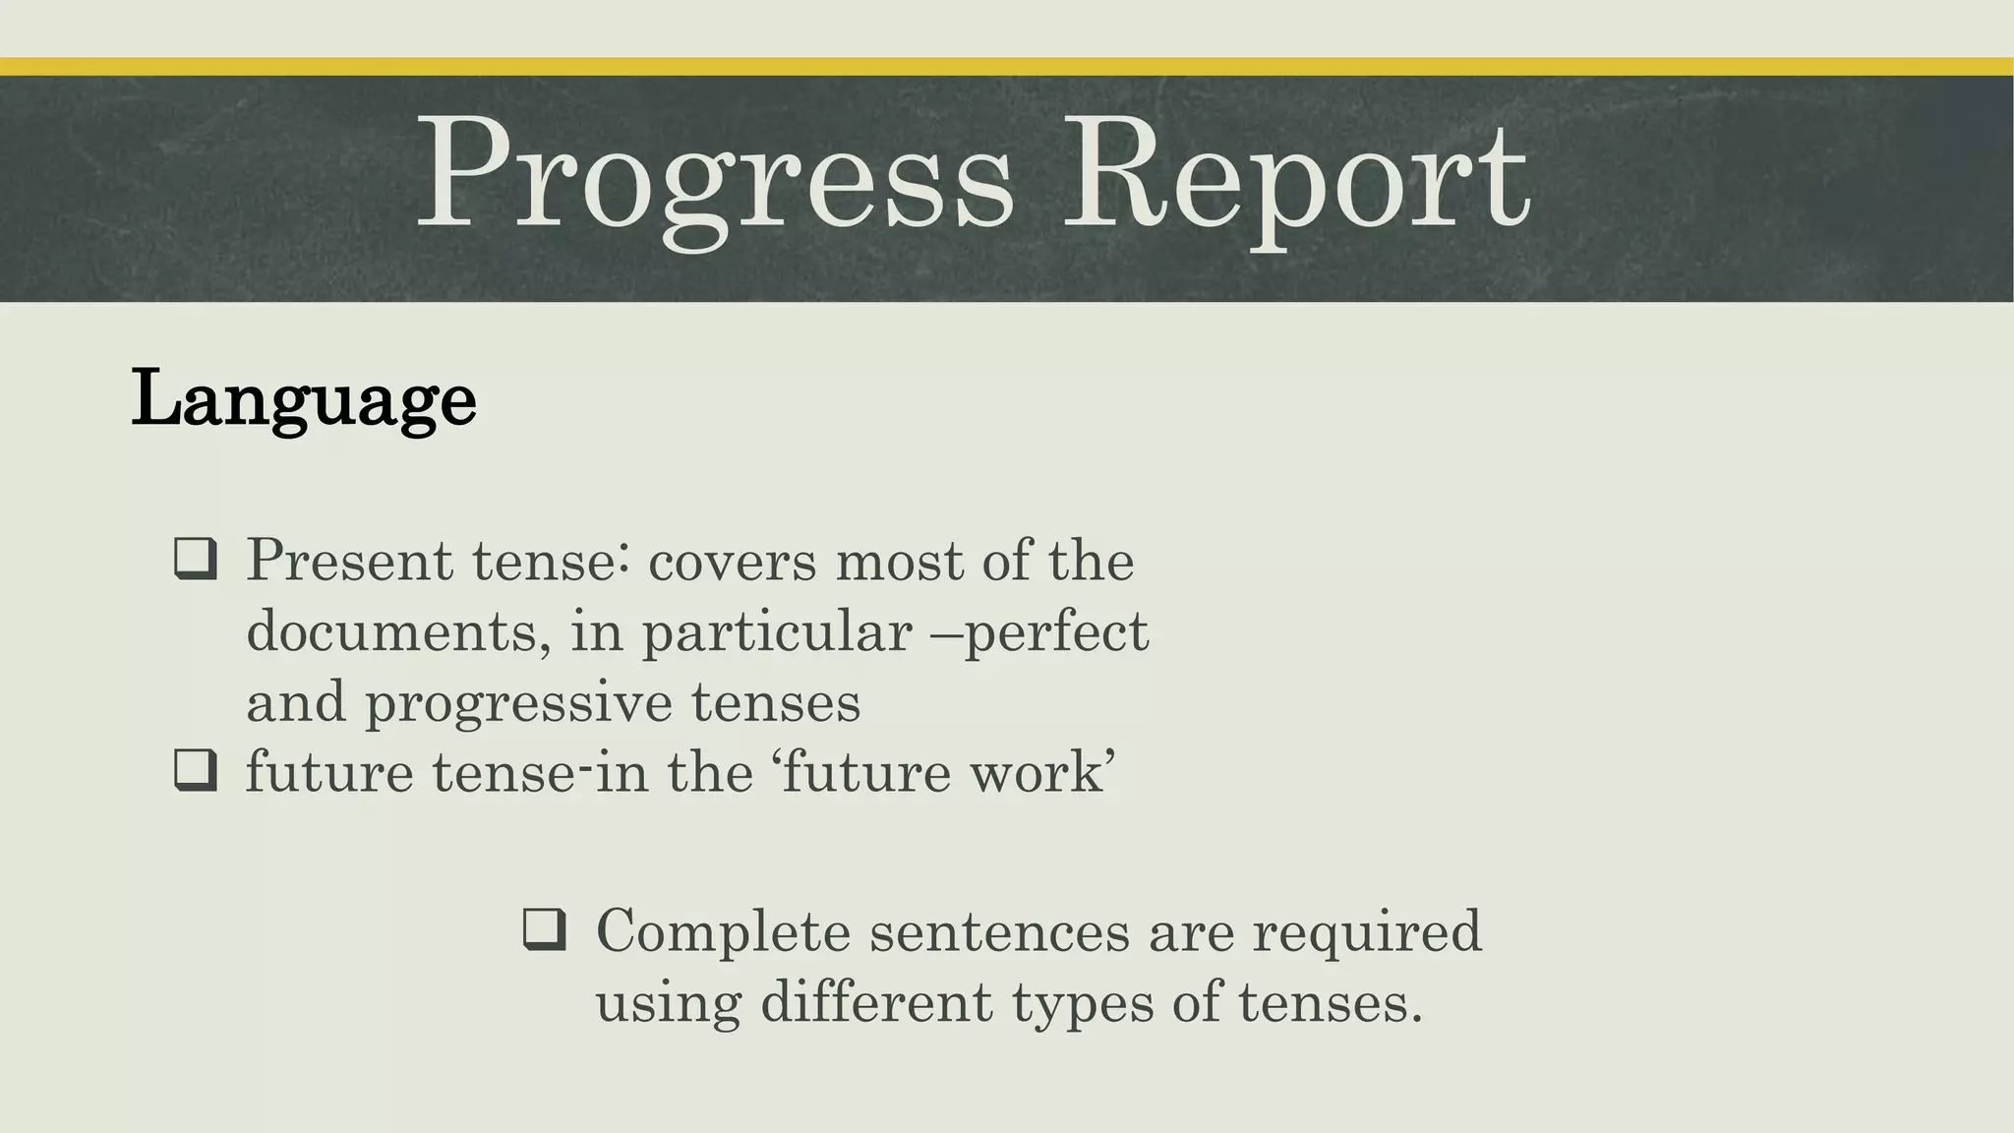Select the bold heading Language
pos(303,399)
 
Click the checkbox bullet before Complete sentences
pos(545,929)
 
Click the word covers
pos(733,563)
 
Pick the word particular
pos(777,633)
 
